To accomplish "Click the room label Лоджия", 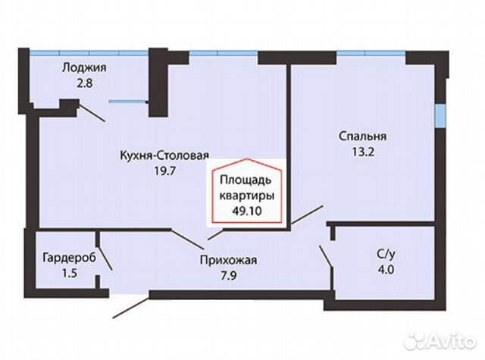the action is [x=84, y=68].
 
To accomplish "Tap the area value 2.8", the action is [x=84, y=83].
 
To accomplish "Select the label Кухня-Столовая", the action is [x=164, y=155].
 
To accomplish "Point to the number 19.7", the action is [x=165, y=171].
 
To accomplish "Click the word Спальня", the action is [x=363, y=136].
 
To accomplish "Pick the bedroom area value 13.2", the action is [x=363, y=152].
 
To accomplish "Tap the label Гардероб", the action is [x=69, y=258].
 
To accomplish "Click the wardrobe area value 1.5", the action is [x=69, y=274].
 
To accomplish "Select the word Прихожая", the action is [x=228, y=260].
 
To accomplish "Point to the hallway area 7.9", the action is [x=228, y=275].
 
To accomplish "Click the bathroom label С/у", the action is [x=386, y=254].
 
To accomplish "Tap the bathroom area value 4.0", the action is [x=386, y=270].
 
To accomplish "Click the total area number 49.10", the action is [x=247, y=211].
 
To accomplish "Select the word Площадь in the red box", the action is [x=246, y=180].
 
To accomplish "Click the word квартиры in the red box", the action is [x=246, y=196].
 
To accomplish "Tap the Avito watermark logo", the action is [x=440, y=342].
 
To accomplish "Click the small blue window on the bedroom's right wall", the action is [x=440, y=115].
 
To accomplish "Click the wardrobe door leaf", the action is [x=105, y=258].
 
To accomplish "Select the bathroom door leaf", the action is [x=326, y=256].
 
